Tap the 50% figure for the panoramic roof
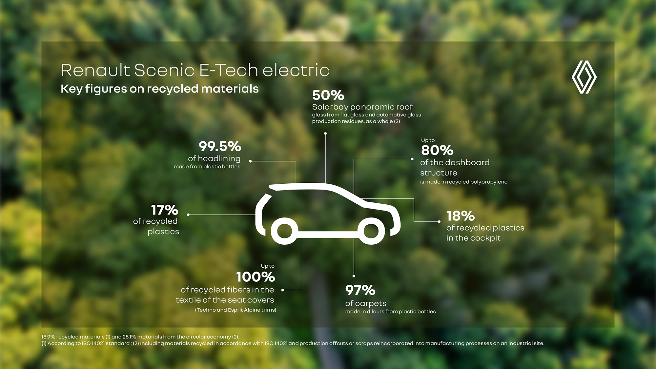(328, 95)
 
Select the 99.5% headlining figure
(220, 146)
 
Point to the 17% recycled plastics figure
(165, 210)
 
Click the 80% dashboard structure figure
(437, 151)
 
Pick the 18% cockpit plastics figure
(461, 216)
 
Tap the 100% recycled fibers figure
(256, 277)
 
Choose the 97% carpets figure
(360, 290)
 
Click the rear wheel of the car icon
(284, 231)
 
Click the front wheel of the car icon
(371, 231)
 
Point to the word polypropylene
(489, 182)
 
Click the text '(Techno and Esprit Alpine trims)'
(236, 310)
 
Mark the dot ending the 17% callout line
(188, 215)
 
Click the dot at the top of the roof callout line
(325, 133)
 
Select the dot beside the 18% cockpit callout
(439, 222)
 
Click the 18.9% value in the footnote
(48, 337)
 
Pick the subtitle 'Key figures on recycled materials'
(160, 89)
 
